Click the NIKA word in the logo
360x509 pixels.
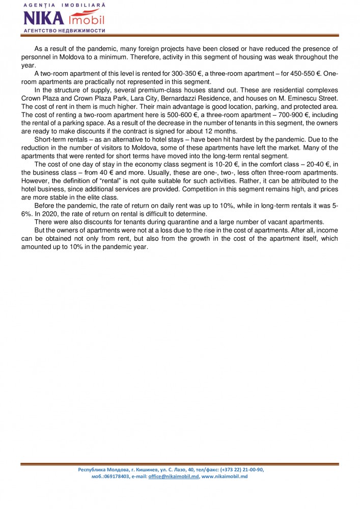point(44,19)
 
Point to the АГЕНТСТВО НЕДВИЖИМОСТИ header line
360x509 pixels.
point(64,31)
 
